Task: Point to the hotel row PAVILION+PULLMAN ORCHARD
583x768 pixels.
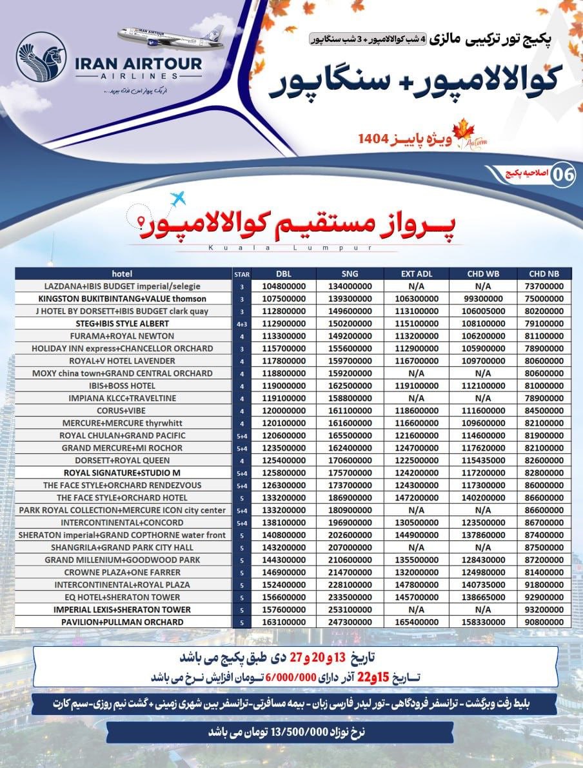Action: pos(123,622)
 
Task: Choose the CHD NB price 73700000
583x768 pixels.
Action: pos(544,286)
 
